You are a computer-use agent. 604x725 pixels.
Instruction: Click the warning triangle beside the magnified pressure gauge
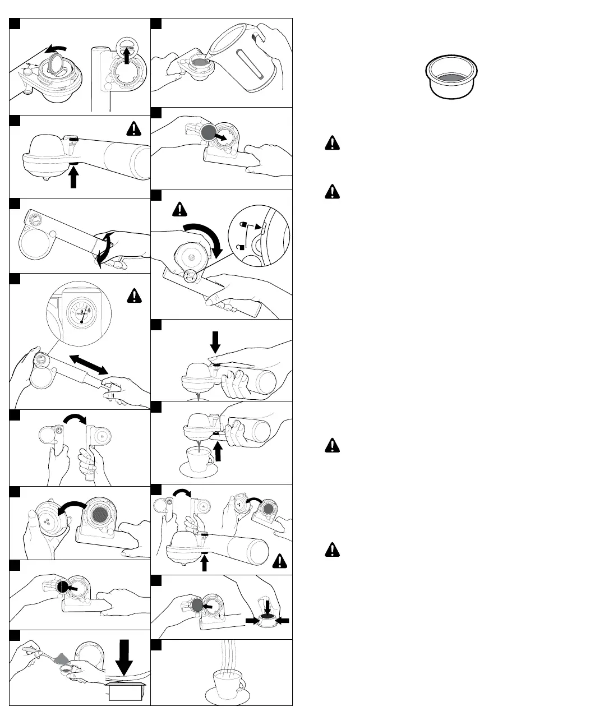pyautogui.click(x=135, y=294)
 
